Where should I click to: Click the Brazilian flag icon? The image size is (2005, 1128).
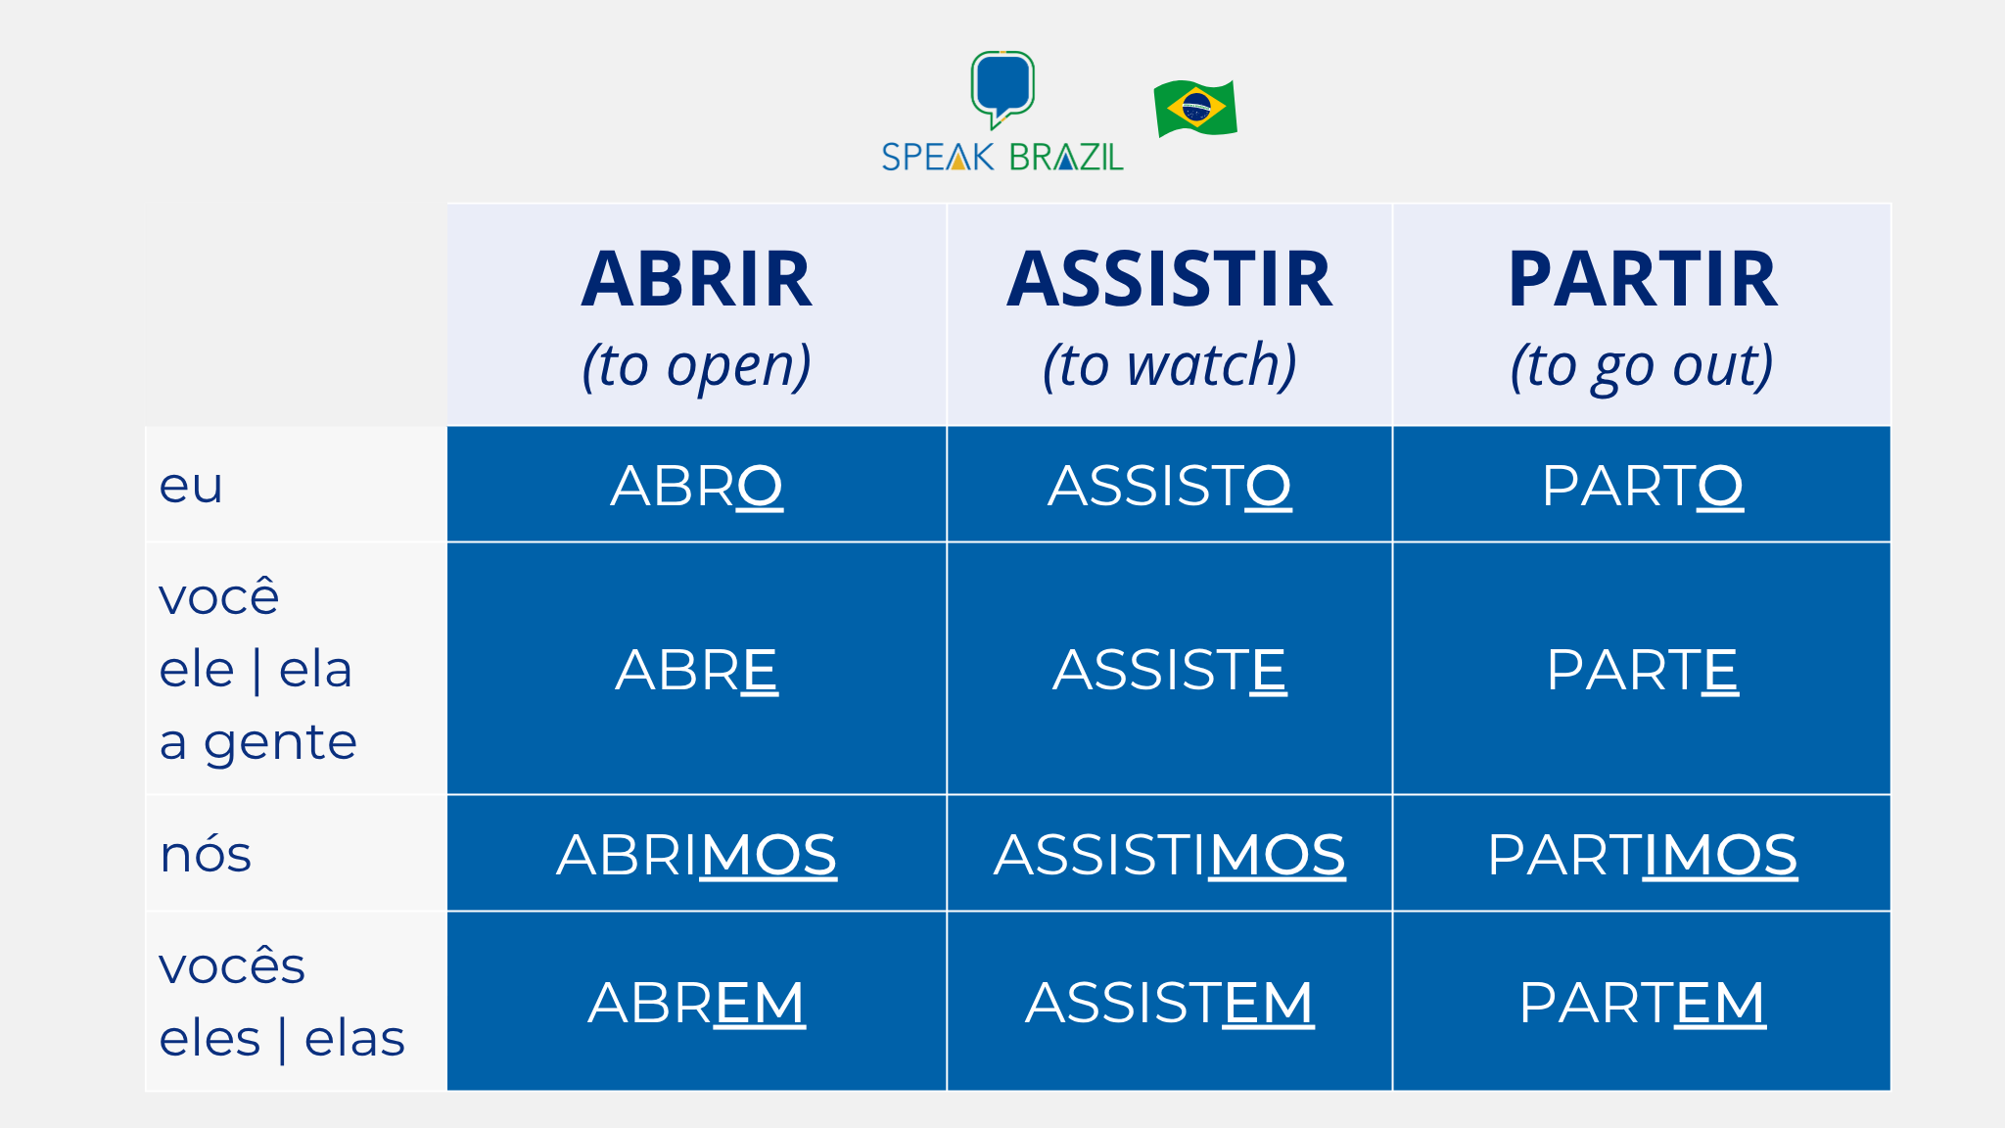coord(1195,108)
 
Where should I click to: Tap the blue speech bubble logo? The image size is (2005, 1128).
coord(1002,86)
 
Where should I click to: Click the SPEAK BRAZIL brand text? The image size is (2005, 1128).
coord(1002,158)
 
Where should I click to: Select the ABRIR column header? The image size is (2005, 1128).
coord(696,280)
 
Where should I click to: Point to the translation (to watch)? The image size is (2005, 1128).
coord(1169,366)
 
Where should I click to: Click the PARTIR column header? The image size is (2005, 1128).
coord(1642,280)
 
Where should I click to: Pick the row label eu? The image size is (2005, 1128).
coord(191,486)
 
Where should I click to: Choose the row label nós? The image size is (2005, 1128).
coord(206,854)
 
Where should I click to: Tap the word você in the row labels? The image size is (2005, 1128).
coord(219,596)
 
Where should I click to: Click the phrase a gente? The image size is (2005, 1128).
coord(258,742)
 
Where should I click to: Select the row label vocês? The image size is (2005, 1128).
coord(232,965)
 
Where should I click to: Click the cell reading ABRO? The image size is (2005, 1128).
coord(696,486)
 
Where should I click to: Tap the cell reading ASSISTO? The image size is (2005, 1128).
coord(1169,486)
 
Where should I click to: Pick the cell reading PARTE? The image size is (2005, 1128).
coord(1642,670)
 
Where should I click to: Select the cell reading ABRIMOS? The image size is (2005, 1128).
coord(696,855)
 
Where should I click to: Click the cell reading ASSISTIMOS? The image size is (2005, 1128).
coord(1169,855)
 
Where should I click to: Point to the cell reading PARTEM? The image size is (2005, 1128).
coord(1642,1003)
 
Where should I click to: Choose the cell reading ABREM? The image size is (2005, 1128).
coord(696,1003)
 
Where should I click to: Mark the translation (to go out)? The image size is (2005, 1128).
coord(1642,366)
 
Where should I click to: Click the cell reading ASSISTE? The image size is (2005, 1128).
coord(1169,670)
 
